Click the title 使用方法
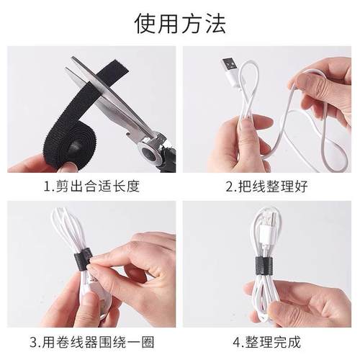click(180, 24)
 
